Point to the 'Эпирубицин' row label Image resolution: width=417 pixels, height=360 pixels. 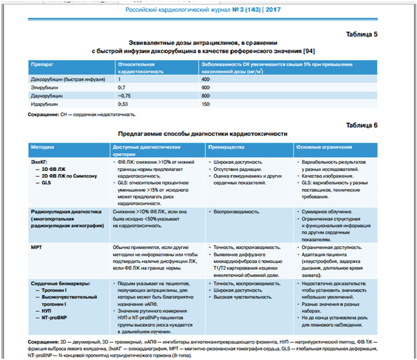[46, 87]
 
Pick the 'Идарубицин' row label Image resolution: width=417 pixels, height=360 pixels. [46, 104]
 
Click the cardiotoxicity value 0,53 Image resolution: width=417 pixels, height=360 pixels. [122, 104]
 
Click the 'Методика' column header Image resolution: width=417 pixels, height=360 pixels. [44, 147]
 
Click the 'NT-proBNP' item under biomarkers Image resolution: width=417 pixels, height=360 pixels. [54, 318]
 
